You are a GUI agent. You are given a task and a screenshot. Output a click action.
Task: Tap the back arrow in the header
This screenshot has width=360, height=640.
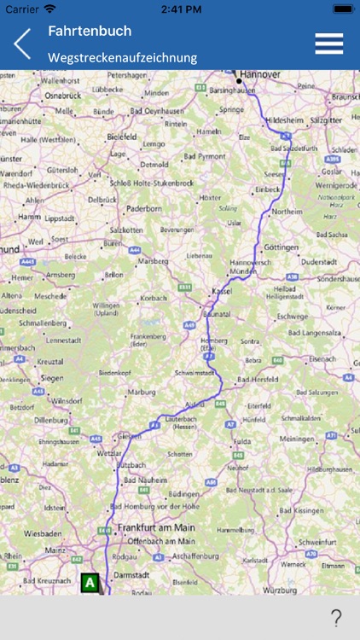[22, 44]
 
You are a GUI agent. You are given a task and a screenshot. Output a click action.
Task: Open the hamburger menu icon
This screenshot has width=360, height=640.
[328, 44]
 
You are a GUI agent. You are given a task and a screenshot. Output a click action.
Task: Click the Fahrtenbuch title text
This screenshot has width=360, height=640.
[90, 31]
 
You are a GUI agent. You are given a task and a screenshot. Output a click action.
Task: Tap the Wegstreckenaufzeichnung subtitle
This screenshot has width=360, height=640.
[122, 57]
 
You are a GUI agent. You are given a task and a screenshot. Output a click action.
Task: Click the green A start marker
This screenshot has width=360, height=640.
[90, 583]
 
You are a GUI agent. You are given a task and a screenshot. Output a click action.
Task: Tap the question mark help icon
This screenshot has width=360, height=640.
[336, 617]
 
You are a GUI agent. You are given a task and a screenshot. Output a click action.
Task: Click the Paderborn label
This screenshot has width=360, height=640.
[143, 207]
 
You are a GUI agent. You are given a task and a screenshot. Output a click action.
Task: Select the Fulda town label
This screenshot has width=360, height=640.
[241, 441]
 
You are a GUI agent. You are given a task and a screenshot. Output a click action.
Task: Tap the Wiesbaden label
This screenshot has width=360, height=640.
[43, 534]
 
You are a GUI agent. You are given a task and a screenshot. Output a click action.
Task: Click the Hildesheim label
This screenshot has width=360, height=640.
[288, 120]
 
